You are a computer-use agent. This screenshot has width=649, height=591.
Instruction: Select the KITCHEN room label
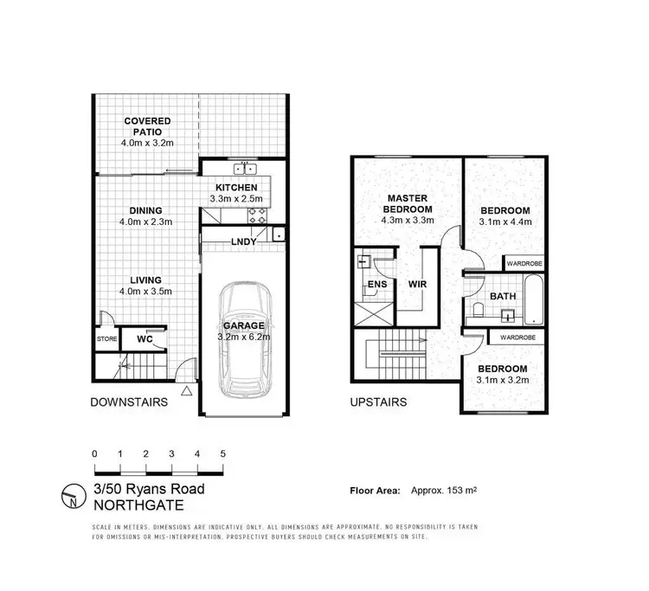(x=235, y=187)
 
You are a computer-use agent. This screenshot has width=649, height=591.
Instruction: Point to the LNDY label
(x=244, y=241)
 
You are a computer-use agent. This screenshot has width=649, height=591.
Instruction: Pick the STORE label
(x=106, y=338)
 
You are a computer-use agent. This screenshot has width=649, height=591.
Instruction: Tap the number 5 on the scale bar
(x=223, y=454)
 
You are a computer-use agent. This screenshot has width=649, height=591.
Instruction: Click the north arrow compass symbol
(x=71, y=496)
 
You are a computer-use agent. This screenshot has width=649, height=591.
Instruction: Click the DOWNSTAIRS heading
(x=130, y=401)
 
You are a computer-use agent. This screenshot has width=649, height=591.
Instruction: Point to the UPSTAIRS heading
(x=378, y=401)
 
